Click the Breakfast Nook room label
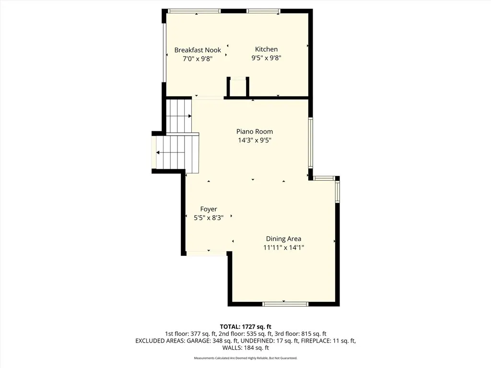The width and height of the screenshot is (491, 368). pos(198,50)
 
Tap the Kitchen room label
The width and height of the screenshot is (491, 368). pos(266,49)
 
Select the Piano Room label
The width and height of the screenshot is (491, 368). pos(254,131)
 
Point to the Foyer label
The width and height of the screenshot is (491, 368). pos(209,209)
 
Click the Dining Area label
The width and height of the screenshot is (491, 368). pos(283,239)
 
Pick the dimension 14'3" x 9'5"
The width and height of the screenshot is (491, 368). pos(254,140)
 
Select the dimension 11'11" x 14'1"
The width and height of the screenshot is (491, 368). pos(283,248)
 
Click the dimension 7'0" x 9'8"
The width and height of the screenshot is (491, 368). pos(198,58)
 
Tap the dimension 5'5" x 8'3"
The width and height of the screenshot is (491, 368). pos(209,218)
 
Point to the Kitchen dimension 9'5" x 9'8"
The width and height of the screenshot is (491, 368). pos(266,58)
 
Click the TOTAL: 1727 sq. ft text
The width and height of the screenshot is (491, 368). pos(245,326)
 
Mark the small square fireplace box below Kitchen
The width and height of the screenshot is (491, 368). pos(238,87)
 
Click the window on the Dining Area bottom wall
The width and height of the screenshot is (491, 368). pos(286,304)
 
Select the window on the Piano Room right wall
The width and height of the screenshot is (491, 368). pos(311,142)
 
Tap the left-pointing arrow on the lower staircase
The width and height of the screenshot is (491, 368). pos(159,153)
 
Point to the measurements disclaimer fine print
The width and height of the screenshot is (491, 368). pos(245,358)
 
